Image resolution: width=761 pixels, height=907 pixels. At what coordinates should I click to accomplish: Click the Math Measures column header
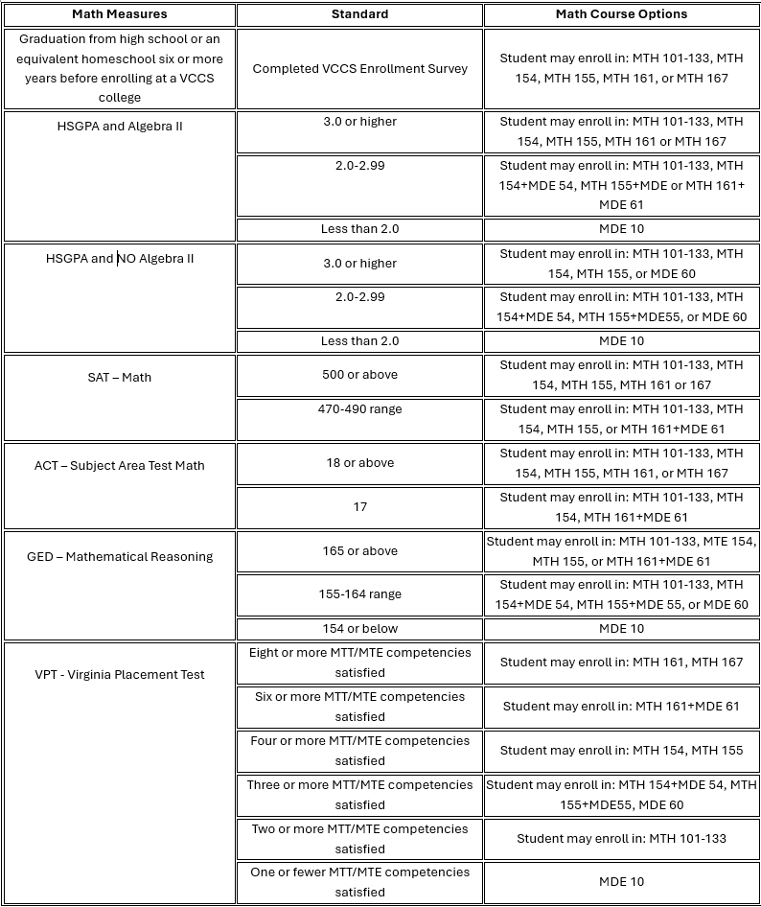[120, 14]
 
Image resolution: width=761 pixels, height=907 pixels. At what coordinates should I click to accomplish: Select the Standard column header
[360, 14]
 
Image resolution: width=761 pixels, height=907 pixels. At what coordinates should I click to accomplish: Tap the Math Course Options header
[621, 14]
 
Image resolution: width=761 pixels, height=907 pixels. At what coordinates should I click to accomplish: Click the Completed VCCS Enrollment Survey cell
[360, 69]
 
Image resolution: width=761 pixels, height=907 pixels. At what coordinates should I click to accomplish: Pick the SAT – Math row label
[120, 377]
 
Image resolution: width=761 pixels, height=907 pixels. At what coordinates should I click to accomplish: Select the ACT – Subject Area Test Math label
[120, 465]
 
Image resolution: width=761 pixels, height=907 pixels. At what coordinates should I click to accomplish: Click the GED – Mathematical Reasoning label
[120, 556]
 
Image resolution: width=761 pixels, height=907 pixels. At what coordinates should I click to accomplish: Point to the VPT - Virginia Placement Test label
[120, 674]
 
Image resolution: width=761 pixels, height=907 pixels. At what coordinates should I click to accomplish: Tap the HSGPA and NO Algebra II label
[120, 258]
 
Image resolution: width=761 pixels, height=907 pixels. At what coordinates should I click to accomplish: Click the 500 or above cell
[360, 375]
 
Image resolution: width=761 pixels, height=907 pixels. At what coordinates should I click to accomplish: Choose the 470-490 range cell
[360, 409]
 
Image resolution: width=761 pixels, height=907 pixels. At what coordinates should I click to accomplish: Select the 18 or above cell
[360, 462]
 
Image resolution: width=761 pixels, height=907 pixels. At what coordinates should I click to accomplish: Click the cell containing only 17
[360, 506]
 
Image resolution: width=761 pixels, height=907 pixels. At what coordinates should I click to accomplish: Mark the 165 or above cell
[360, 551]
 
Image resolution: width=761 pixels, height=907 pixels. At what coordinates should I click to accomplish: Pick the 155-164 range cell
[360, 594]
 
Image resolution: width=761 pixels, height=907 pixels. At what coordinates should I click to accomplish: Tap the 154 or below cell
[360, 629]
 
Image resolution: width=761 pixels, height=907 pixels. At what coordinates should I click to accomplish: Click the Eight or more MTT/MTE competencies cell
[360, 663]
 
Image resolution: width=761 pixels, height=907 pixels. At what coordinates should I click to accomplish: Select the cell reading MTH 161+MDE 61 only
[621, 707]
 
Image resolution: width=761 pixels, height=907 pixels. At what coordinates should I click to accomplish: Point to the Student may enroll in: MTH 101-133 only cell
[621, 839]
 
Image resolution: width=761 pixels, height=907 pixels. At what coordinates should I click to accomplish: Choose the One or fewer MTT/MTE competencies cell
[360, 882]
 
